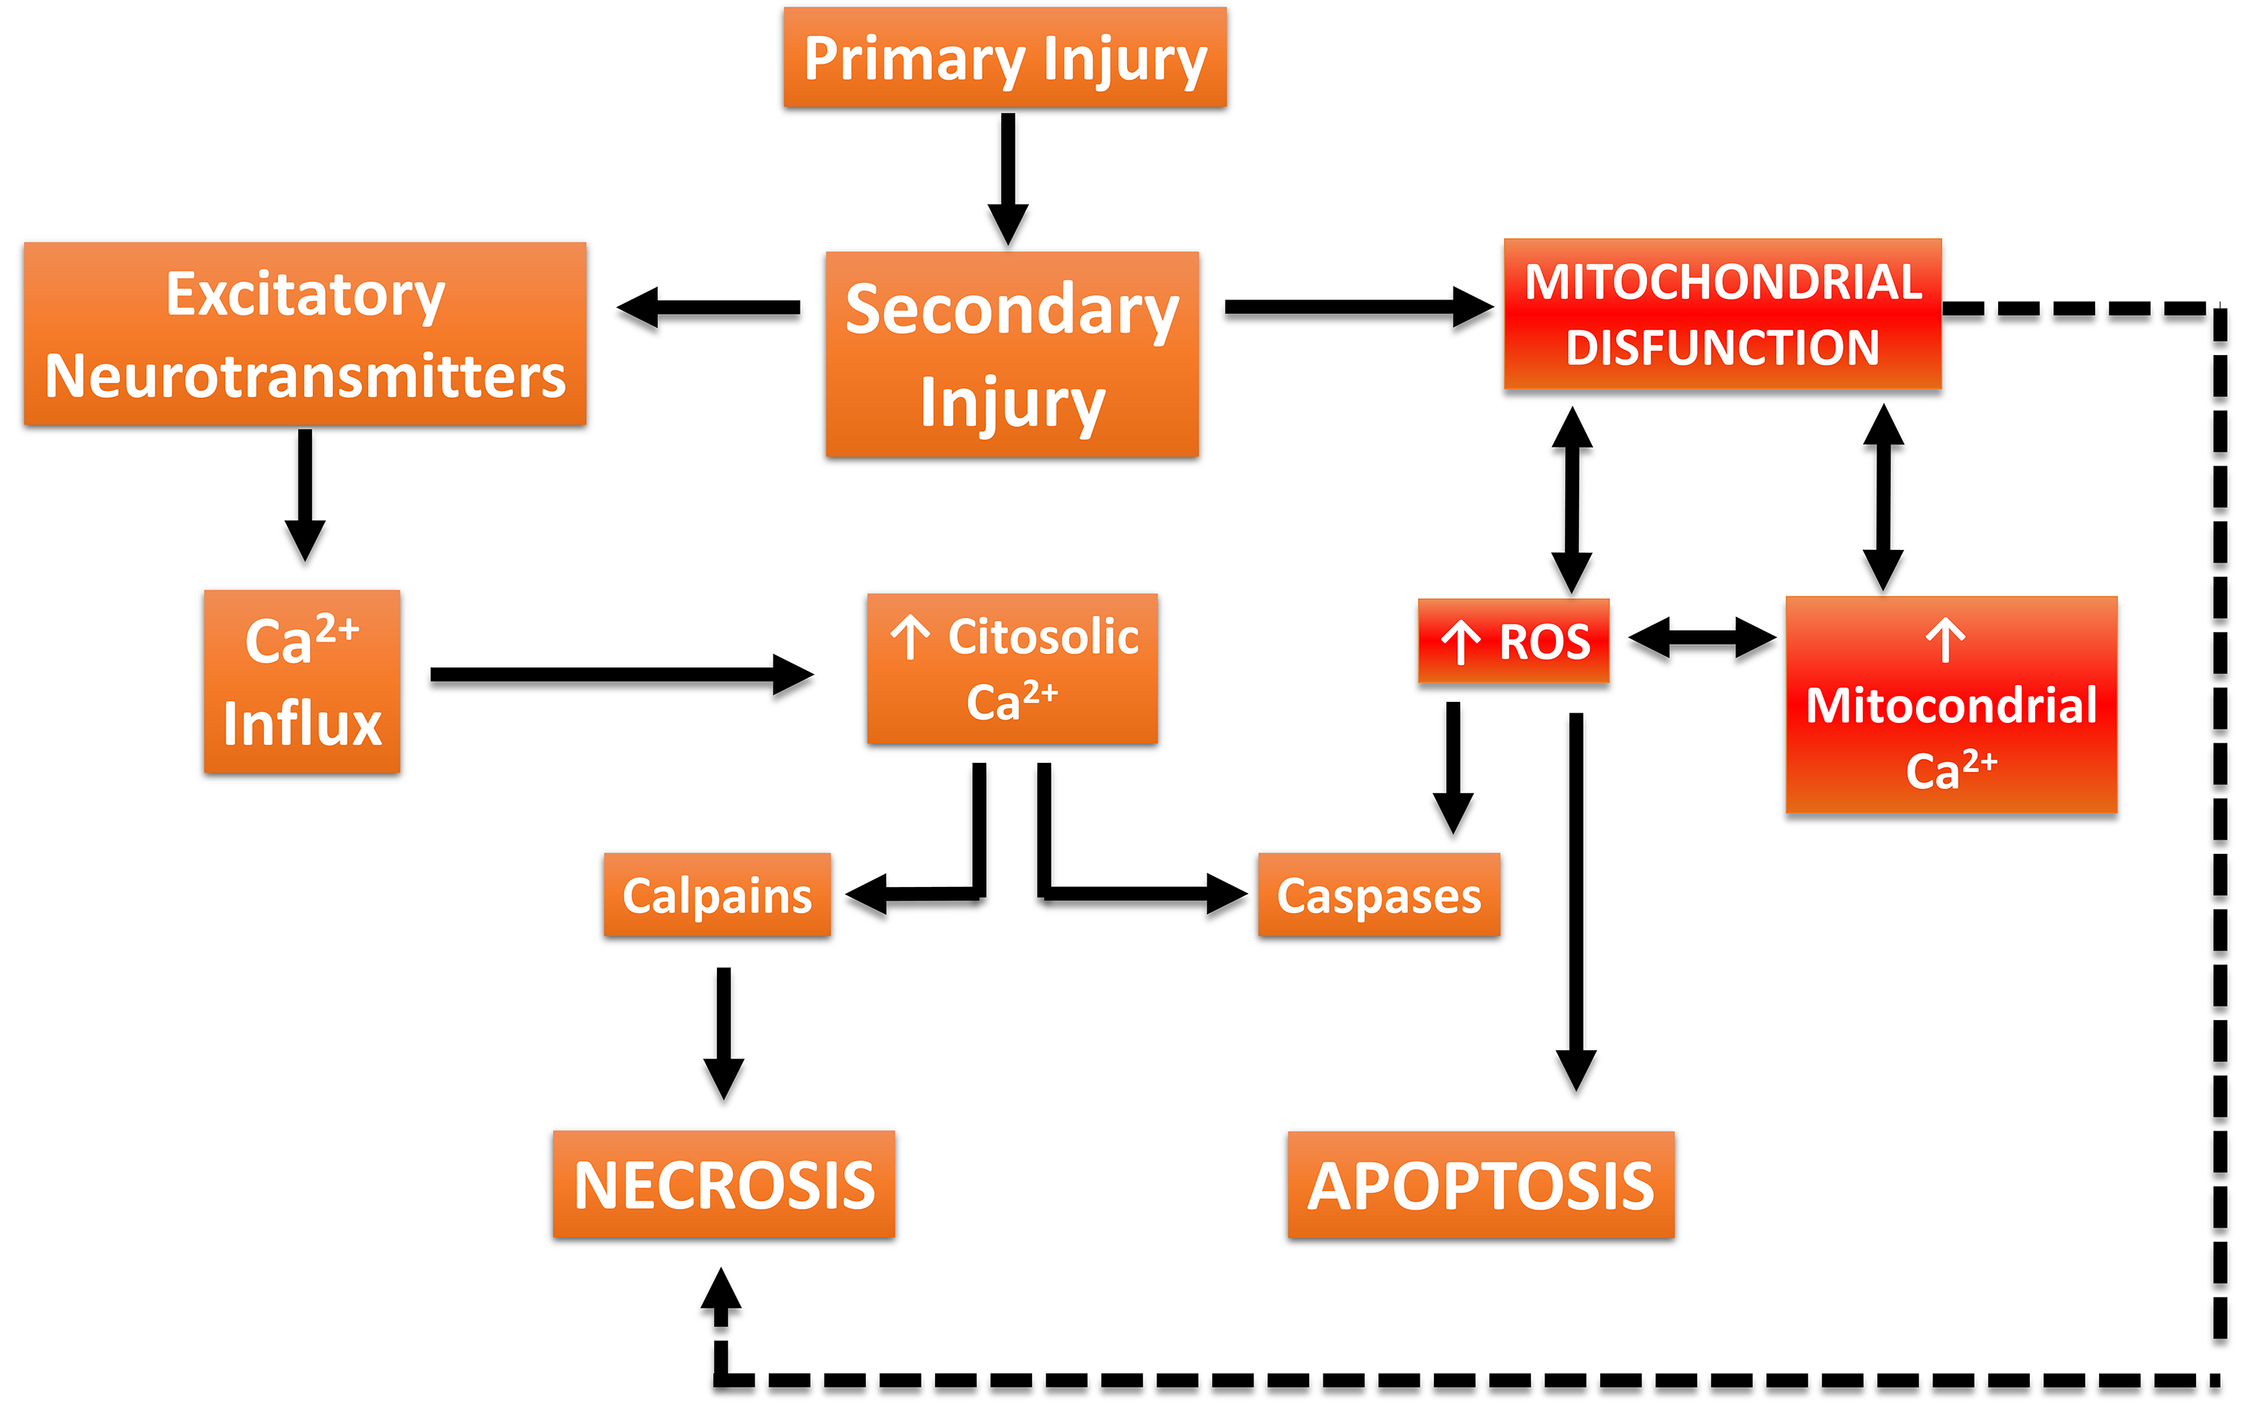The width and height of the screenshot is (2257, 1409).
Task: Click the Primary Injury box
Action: pos(1004,58)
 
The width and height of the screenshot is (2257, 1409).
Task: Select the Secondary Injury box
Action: pos(1012,354)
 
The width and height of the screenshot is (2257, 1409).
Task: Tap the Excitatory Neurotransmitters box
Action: pos(305,333)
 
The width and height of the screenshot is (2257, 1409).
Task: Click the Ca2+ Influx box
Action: pos(302,682)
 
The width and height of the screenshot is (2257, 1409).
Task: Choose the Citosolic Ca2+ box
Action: pos(1012,668)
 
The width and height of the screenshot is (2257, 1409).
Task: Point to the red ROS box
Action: pos(1514,641)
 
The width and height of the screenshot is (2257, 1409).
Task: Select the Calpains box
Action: pos(717,894)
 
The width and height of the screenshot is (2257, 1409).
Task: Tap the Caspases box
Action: pos(1378,894)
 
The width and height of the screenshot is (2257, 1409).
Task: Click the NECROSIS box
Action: pos(723,1184)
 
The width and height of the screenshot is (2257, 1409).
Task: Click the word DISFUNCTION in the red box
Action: pos(1722,348)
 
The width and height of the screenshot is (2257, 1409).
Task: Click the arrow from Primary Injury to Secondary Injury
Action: pos(1007,177)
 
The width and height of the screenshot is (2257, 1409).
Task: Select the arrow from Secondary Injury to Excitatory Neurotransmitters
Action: pos(708,308)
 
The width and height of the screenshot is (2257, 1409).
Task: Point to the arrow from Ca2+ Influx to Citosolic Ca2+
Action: pos(621,675)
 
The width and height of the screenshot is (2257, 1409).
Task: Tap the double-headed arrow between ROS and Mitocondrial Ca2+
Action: pos(1702,639)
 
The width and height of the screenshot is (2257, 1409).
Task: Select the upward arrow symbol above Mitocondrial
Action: pos(1946,640)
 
